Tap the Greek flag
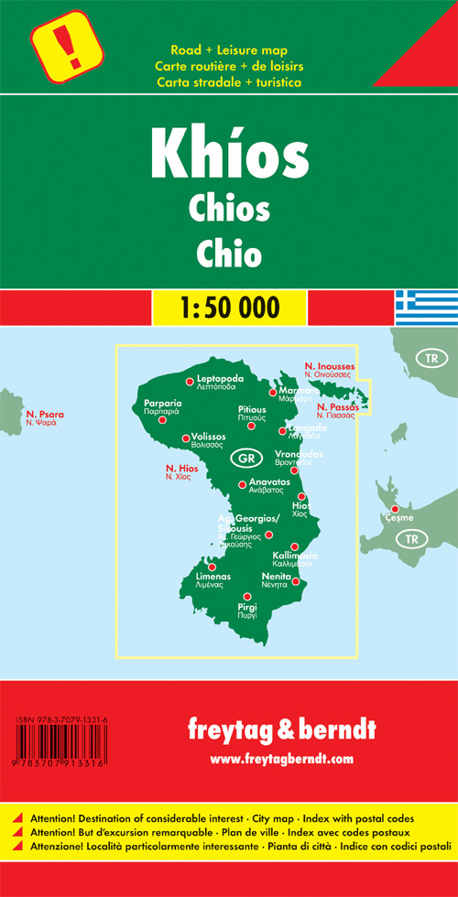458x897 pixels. (x=426, y=306)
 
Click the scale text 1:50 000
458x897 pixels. (x=228, y=303)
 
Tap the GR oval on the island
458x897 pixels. (x=243, y=458)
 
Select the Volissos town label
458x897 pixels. (x=209, y=438)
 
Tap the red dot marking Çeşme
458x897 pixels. (x=395, y=509)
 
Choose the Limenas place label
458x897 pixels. (x=213, y=577)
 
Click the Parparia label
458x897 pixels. (x=163, y=403)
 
